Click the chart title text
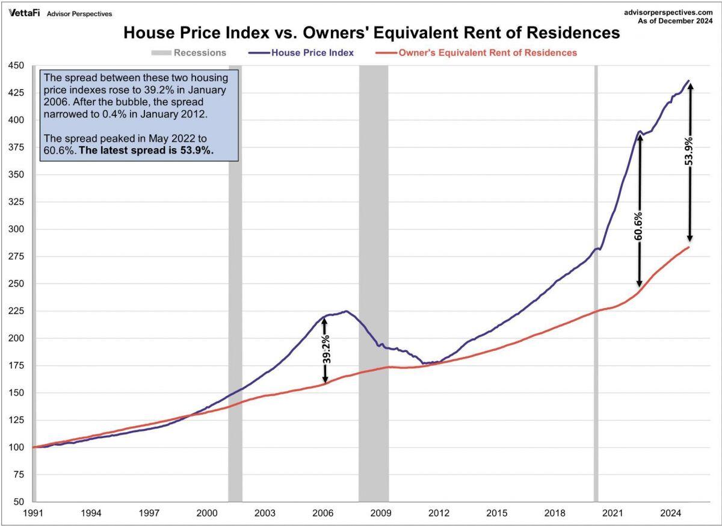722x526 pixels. click(371, 32)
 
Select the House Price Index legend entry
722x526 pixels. click(301, 52)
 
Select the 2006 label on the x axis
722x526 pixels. click(323, 513)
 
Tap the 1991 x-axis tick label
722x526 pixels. click(33, 513)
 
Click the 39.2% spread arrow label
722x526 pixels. click(326, 350)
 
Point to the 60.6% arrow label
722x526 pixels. click(639, 226)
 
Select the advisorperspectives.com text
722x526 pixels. click(671, 12)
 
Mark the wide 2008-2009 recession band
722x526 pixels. click(374, 271)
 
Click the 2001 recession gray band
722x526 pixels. click(235, 271)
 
